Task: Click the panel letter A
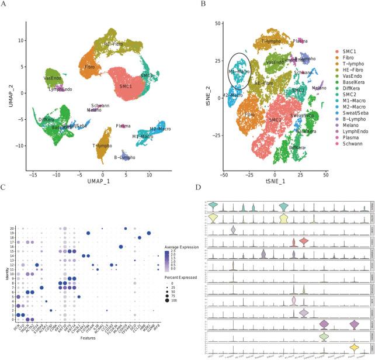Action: coord(5,5)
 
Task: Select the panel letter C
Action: coord(5,188)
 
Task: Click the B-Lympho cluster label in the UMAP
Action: coord(124,157)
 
